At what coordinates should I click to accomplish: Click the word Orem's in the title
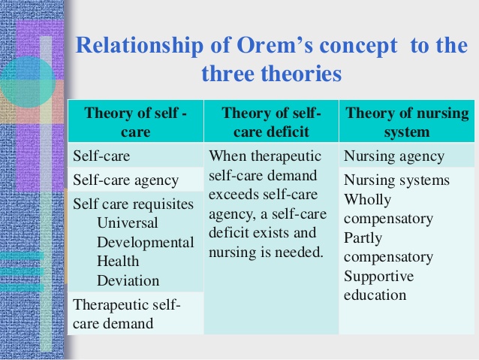click(x=274, y=45)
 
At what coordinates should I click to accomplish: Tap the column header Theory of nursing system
click(x=407, y=122)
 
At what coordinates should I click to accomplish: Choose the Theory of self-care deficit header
click(x=271, y=122)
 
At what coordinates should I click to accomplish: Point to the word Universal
click(x=128, y=222)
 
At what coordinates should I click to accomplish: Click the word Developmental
click(x=146, y=243)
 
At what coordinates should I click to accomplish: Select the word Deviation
click(x=128, y=280)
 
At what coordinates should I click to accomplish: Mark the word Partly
click(x=363, y=238)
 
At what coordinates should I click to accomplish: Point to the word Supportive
click(x=379, y=277)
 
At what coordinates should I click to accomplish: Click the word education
click(x=375, y=295)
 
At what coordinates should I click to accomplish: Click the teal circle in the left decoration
click(x=28, y=82)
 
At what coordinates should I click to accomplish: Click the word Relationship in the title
click(x=140, y=46)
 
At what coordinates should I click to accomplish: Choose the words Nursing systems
click(x=396, y=180)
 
